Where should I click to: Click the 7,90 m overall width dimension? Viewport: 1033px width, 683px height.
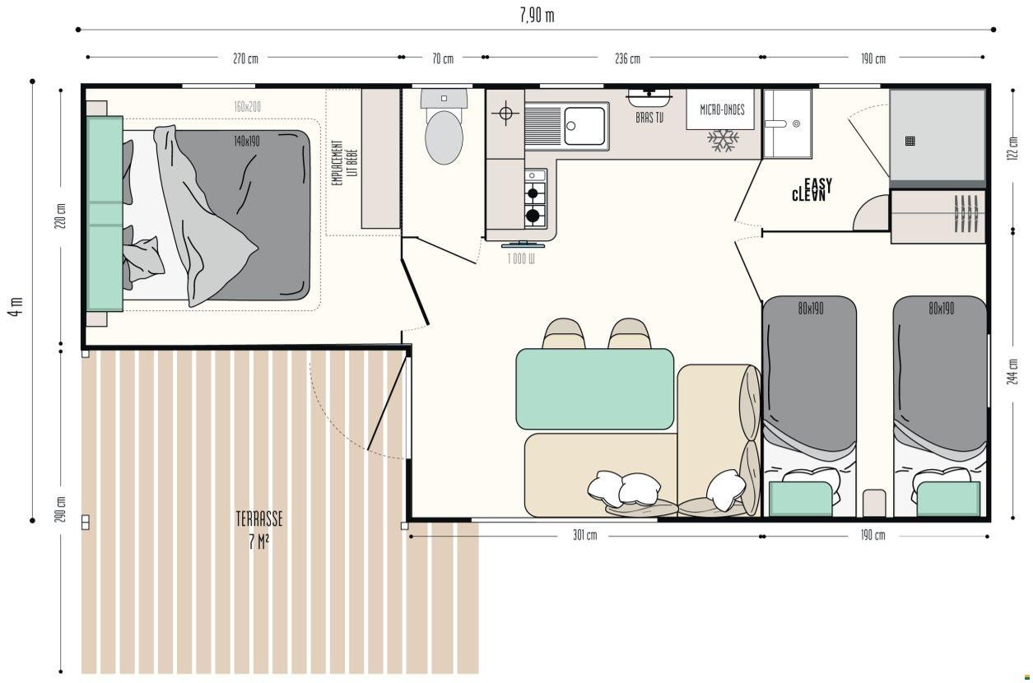tap(537, 16)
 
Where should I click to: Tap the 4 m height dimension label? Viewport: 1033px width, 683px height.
tap(16, 307)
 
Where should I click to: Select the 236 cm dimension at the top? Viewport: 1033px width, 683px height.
tap(628, 58)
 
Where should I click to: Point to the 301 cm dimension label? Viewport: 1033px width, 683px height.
tap(584, 535)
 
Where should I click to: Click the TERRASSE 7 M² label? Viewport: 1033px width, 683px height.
tap(259, 530)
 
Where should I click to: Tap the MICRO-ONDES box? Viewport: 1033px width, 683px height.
tap(722, 109)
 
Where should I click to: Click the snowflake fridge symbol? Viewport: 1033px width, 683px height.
tap(723, 141)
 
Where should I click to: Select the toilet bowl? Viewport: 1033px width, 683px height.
tap(444, 137)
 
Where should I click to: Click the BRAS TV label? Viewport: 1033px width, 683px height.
tap(649, 118)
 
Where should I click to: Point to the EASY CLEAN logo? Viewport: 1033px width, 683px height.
tap(812, 189)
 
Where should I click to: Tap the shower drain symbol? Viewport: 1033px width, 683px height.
tap(910, 141)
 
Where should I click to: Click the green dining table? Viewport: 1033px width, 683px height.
tap(595, 388)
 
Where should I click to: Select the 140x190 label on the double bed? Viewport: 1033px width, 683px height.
tap(247, 141)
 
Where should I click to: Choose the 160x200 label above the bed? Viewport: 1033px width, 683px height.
tap(247, 107)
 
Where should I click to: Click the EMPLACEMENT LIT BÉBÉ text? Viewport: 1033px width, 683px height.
tap(345, 163)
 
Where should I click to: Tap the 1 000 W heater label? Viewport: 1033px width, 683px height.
tap(521, 258)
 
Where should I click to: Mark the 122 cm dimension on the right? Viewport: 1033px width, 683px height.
tap(1012, 148)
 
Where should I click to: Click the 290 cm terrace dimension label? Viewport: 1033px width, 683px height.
tap(60, 509)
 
